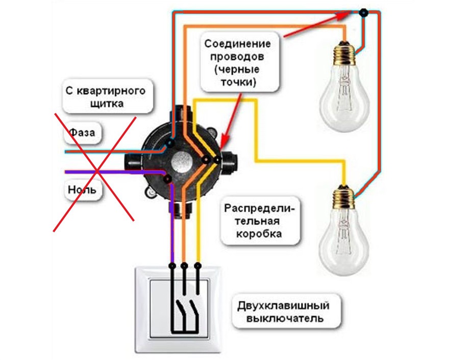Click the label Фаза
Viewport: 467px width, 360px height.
pos(82,132)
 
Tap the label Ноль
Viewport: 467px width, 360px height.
pos(82,189)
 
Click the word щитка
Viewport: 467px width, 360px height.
pos(107,104)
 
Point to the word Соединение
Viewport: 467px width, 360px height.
pos(237,44)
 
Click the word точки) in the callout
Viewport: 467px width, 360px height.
pos(238,82)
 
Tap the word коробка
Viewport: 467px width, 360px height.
pos(259,233)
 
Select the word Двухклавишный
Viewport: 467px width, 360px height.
pos(283,306)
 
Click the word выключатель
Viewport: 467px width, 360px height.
pos(285,318)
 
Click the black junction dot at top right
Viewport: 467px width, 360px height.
pos(363,13)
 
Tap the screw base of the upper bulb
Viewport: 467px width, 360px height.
pos(345,53)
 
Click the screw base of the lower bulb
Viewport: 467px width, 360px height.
pos(343,197)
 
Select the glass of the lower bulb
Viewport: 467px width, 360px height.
pos(343,241)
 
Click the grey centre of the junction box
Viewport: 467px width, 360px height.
pos(180,162)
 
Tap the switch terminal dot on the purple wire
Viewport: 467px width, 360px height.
pos(172,265)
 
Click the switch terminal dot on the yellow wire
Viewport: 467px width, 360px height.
pos(198,265)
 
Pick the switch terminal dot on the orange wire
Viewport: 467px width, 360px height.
pos(184,265)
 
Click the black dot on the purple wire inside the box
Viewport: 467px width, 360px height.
pos(168,179)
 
